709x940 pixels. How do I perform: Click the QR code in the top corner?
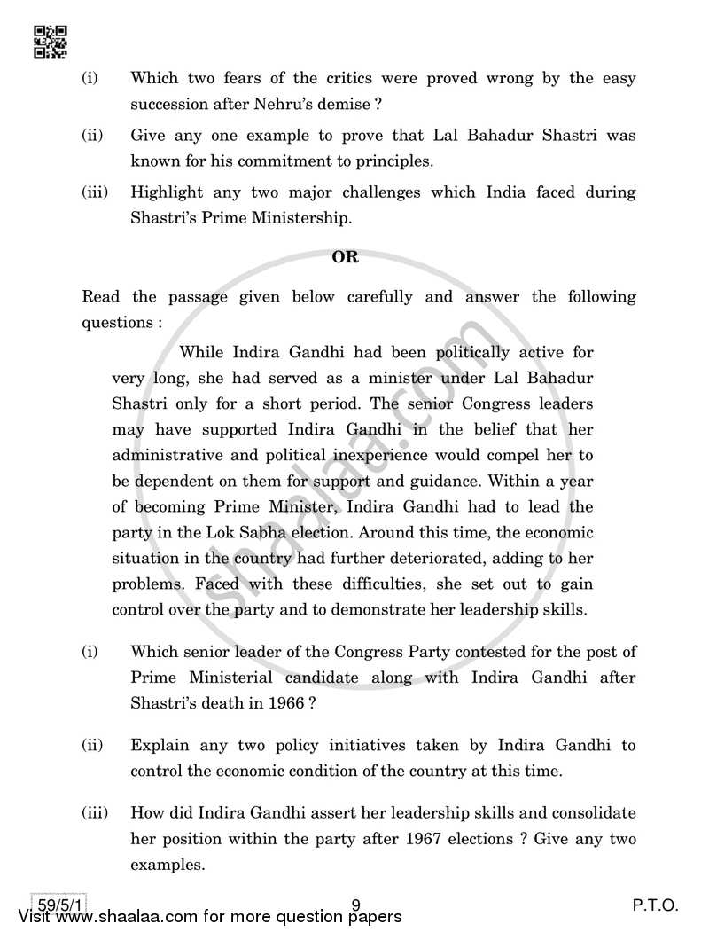pyautogui.click(x=50, y=42)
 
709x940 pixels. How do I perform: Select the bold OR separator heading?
pyautogui.click(x=345, y=257)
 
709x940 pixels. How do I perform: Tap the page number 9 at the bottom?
pyautogui.click(x=355, y=905)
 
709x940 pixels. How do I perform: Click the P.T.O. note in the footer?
pyautogui.click(x=655, y=905)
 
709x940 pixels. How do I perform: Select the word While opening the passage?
pyautogui.click(x=202, y=352)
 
